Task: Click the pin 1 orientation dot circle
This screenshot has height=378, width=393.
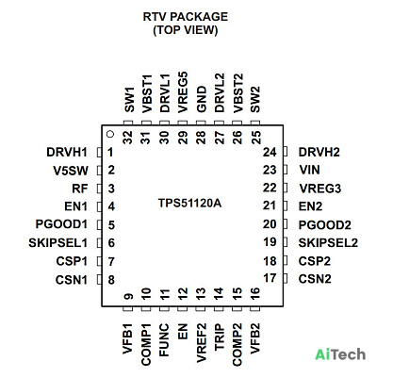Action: pyautogui.click(x=110, y=134)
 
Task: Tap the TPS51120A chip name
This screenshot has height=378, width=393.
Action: pyautogui.click(x=189, y=203)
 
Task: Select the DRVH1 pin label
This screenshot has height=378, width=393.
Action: pyautogui.click(x=67, y=152)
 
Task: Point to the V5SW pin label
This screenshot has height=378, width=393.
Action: pyautogui.click(x=71, y=171)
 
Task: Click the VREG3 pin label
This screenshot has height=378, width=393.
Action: pyautogui.click(x=320, y=189)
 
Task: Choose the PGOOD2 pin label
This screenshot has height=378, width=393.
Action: pyautogui.click(x=324, y=225)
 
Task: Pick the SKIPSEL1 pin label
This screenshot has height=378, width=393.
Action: pyautogui.click(x=57, y=243)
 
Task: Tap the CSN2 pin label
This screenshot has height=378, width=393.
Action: pyautogui.click(x=315, y=279)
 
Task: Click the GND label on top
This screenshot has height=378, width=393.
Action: pyautogui.click(x=201, y=99)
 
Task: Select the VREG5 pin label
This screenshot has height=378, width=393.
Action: pyautogui.click(x=183, y=92)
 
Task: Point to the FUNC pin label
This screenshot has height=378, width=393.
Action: pyautogui.click(x=164, y=340)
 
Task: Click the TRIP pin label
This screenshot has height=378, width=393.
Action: pyautogui.click(x=220, y=337)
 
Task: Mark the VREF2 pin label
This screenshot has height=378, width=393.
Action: pyautogui.click(x=201, y=343)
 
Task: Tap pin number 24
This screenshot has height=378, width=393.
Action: pyautogui.click(x=270, y=152)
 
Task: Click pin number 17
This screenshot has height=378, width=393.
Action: pyautogui.click(x=270, y=278)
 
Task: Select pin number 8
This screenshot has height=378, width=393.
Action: pyautogui.click(x=111, y=280)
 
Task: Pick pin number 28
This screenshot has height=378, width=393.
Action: pyautogui.click(x=201, y=138)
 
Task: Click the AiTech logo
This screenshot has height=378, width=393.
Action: pyautogui.click(x=340, y=354)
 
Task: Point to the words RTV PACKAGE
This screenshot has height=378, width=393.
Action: pyautogui.click(x=186, y=17)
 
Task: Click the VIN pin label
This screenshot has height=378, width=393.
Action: pyautogui.click(x=310, y=170)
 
